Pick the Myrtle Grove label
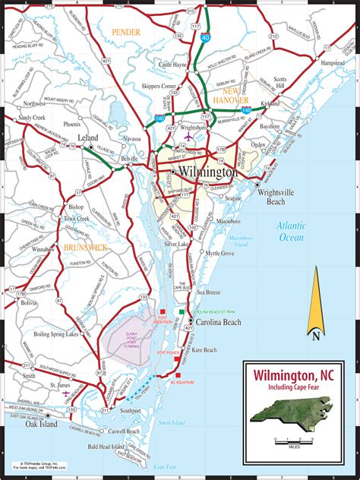tap(220, 252)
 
